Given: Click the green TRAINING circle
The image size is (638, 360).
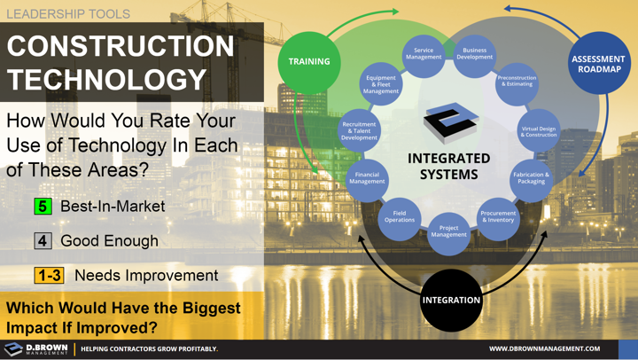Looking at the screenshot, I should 308,62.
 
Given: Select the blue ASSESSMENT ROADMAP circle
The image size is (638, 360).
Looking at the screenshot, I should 598,64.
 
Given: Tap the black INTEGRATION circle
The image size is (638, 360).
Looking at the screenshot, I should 451,300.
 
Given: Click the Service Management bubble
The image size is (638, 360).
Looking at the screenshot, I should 424,55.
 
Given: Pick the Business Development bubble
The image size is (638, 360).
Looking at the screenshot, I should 475,55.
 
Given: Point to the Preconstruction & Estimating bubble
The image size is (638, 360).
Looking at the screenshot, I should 517,82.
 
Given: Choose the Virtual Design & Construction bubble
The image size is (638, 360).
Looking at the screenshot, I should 538,131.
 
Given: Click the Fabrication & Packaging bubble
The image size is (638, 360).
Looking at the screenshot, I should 531,178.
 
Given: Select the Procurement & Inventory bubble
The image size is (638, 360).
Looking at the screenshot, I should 498,215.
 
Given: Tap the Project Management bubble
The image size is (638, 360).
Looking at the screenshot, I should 448,231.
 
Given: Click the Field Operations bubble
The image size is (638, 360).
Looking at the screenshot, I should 400,216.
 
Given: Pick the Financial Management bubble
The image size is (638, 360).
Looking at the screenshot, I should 367,178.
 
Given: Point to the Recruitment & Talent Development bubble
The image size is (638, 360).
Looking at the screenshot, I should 359,131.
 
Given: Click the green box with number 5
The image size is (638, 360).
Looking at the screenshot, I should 43,207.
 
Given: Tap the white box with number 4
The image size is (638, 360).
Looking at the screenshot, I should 43,241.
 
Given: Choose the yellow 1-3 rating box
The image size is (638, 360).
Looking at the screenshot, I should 50,276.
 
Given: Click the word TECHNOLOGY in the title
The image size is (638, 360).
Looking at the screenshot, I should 106,80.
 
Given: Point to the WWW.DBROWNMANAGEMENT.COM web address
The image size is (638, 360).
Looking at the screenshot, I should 544,348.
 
